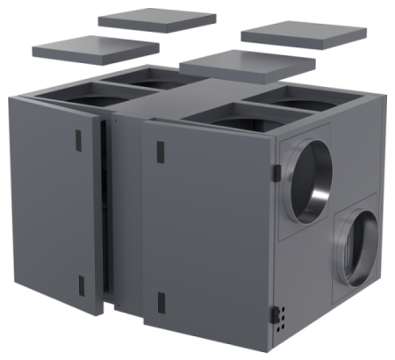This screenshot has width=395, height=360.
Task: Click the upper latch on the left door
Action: (76, 140)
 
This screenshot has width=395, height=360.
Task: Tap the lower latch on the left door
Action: (81, 286)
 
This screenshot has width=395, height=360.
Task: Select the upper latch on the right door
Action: (160, 151)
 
